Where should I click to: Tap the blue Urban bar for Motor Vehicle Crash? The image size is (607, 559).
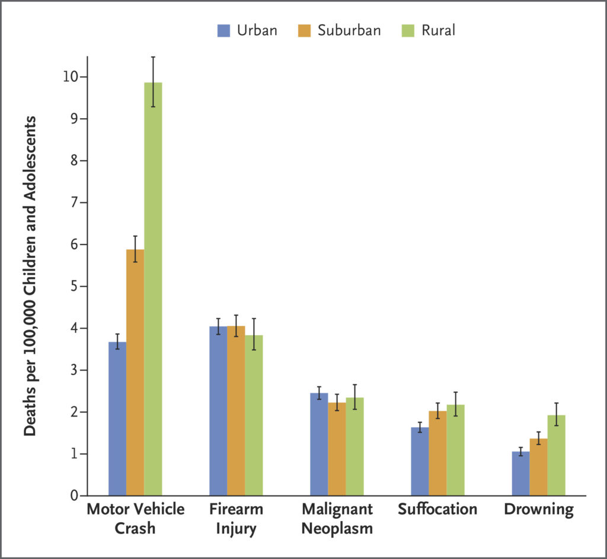click(x=117, y=418)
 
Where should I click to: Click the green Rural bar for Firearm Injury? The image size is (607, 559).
click(x=254, y=415)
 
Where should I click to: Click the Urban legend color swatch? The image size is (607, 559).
click(x=224, y=30)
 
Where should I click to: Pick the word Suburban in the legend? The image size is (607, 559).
click(x=349, y=30)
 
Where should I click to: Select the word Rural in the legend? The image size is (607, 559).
click(x=439, y=30)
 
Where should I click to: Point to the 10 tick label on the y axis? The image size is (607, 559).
click(x=74, y=77)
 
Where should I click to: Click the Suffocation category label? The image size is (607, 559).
click(x=437, y=509)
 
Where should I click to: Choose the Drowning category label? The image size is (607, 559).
click(x=539, y=510)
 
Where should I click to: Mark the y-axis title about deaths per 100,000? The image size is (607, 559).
click(x=30, y=276)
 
